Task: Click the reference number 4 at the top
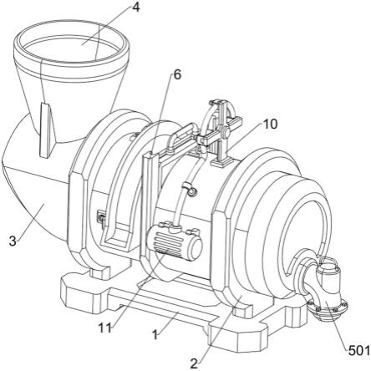click(135, 8)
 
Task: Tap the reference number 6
click(177, 74)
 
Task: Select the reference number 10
click(270, 124)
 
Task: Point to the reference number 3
click(13, 241)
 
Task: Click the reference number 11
click(105, 328)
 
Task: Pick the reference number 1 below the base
click(155, 334)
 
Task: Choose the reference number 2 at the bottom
click(194, 363)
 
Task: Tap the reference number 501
click(359, 350)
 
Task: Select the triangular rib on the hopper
click(46, 130)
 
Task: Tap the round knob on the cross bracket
click(224, 130)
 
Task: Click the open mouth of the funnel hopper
click(72, 48)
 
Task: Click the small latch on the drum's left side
click(100, 216)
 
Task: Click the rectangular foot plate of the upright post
click(222, 161)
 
